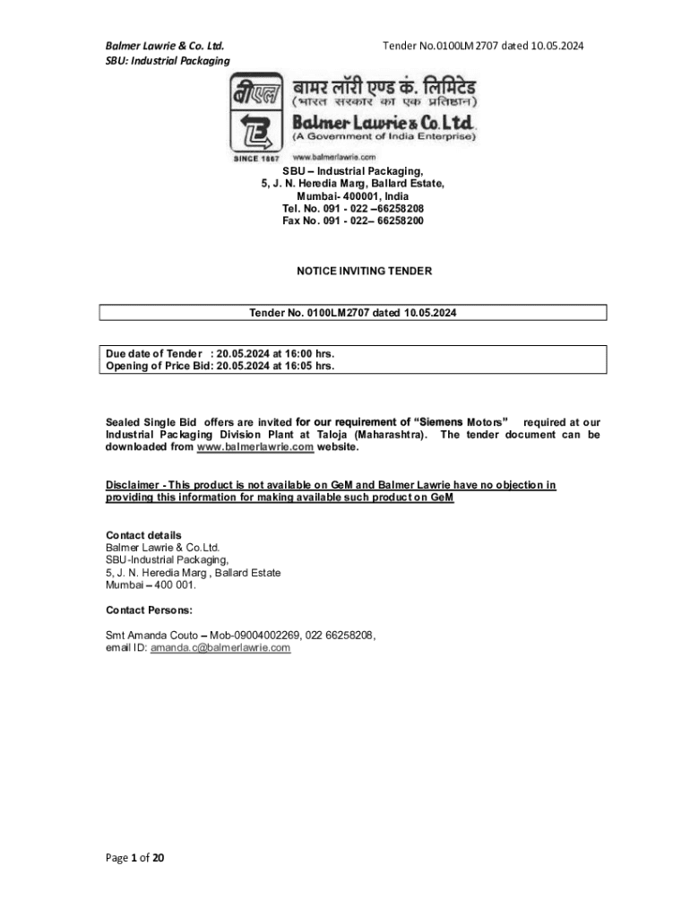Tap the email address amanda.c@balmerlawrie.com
[x=220, y=647]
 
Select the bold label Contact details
[x=143, y=535]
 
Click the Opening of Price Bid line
[x=220, y=366]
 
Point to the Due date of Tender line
[x=220, y=354]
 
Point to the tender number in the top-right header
[x=483, y=45]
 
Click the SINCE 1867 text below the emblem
[x=256, y=158]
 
